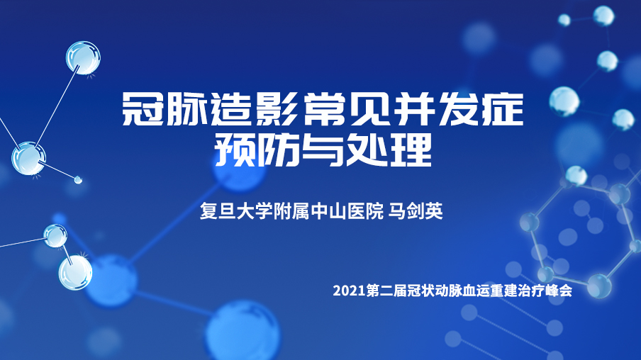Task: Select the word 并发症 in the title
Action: click(x=457, y=110)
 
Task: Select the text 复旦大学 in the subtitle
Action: click(x=236, y=211)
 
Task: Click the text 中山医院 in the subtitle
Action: click(x=347, y=211)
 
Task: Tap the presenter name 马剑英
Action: click(x=416, y=211)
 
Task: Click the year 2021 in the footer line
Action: click(x=349, y=291)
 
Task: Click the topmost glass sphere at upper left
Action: click(x=83, y=57)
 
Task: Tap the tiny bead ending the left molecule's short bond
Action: click(x=78, y=179)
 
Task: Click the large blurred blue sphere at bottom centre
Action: click(x=243, y=331)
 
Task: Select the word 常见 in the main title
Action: click(x=345, y=110)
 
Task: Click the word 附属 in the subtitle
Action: click(x=291, y=211)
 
